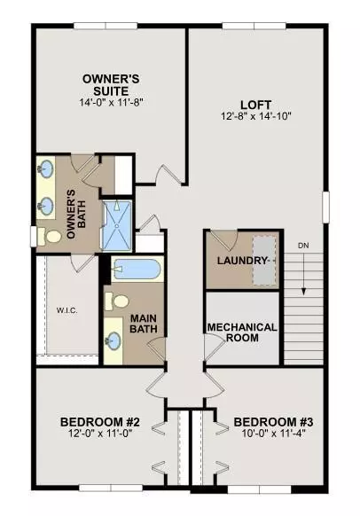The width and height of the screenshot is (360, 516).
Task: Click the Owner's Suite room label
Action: [112, 83]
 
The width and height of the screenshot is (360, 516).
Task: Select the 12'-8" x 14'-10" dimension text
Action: [256, 115]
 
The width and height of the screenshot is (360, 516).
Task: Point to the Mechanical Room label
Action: [242, 332]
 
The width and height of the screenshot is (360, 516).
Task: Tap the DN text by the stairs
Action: [303, 246]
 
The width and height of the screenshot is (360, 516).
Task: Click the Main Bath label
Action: [144, 324]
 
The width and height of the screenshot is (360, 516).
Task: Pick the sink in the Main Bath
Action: [115, 340]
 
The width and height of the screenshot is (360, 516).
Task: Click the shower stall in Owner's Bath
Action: [115, 227]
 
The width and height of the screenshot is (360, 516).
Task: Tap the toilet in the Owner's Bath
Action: [51, 237]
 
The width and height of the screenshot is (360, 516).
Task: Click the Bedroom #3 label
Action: [271, 421]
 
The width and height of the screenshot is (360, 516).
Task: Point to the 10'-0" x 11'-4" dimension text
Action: [271, 434]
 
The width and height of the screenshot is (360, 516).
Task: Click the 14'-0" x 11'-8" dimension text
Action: [112, 103]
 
